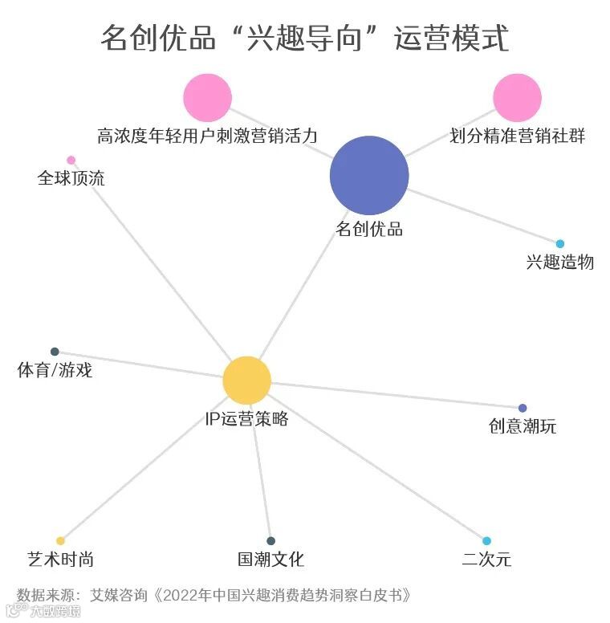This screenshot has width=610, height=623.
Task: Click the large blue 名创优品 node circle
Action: (x=369, y=176)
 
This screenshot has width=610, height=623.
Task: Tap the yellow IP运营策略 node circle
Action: (x=246, y=380)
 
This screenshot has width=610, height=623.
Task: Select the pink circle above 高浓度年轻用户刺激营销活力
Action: (x=207, y=97)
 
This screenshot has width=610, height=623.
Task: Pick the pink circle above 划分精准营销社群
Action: (x=517, y=97)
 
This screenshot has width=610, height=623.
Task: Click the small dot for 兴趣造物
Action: (x=560, y=244)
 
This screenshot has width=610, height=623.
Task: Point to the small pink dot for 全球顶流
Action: (x=71, y=160)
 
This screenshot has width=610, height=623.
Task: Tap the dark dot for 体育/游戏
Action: (x=55, y=352)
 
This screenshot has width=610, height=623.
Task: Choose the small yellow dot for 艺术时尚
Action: (x=60, y=541)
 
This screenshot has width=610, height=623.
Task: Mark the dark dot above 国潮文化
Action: (x=271, y=541)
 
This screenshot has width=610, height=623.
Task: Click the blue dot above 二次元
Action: (x=486, y=541)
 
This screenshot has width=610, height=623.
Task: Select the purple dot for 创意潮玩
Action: (x=523, y=408)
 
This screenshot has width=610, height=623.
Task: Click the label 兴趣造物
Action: (x=560, y=262)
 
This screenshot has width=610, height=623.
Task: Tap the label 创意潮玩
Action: (x=523, y=426)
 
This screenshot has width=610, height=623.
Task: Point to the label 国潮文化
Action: (x=271, y=559)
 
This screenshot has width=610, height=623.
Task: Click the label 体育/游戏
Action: (x=55, y=370)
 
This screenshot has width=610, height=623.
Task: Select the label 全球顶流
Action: (x=71, y=177)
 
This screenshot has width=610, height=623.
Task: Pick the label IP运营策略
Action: (x=246, y=418)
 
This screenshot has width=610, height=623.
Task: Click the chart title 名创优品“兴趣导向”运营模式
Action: (x=305, y=38)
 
